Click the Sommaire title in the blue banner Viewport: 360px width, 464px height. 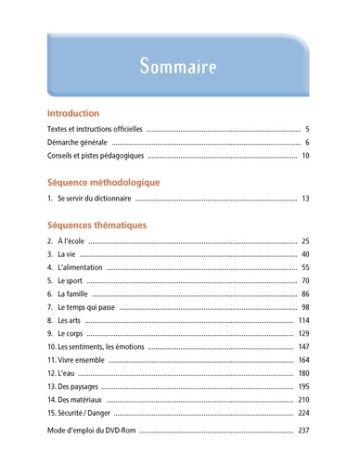179,67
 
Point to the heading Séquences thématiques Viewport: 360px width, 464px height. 96,224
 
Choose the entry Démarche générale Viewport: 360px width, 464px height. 77,143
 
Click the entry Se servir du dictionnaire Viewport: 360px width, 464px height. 95,199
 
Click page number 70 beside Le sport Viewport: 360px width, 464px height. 305,280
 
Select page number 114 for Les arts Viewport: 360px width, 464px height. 303,320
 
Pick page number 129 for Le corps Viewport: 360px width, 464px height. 303,333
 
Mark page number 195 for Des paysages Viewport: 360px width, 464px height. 303,385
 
